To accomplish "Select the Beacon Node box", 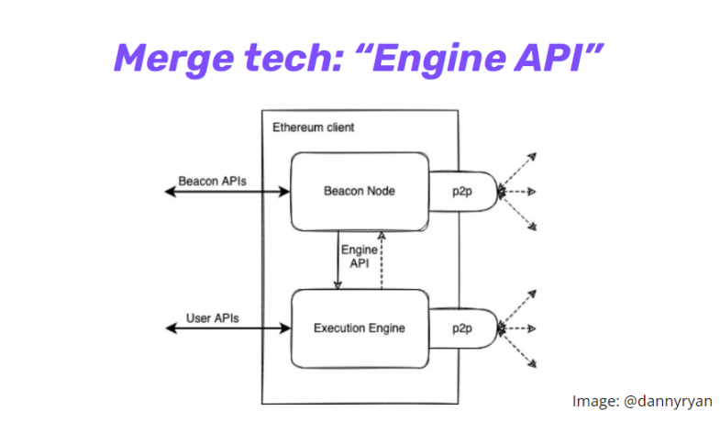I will (x=359, y=192).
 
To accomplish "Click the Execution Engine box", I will (x=359, y=327).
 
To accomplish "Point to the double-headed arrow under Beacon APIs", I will (x=226, y=192).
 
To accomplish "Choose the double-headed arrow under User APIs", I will (x=226, y=328).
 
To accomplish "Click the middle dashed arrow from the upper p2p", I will (x=519, y=192).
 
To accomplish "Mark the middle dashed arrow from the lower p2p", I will (x=519, y=328).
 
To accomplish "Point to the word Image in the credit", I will (x=593, y=400).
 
